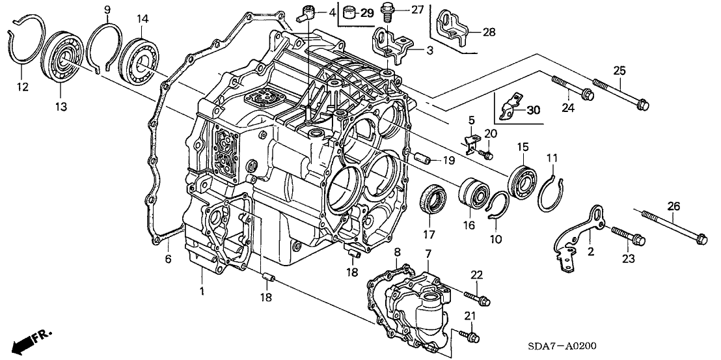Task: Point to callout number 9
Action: (107, 9)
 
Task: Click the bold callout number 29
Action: (367, 13)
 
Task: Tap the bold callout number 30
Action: (533, 111)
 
